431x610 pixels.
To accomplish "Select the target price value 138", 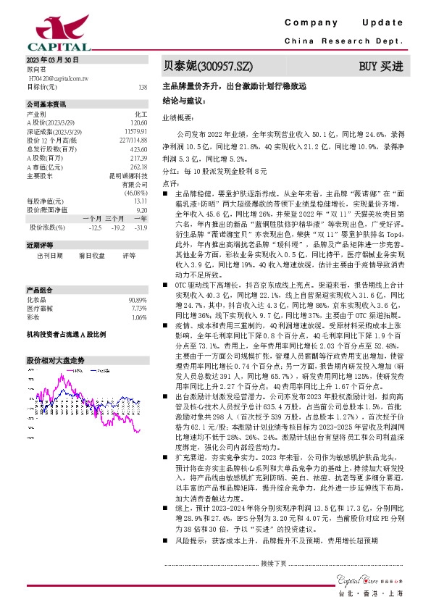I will click(x=143, y=86).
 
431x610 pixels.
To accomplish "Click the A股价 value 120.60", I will click(x=139, y=122).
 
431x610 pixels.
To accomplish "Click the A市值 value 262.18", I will click(x=139, y=166).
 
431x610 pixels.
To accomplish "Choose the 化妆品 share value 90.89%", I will click(x=138, y=299).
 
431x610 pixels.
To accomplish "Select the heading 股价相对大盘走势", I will click(x=56, y=360).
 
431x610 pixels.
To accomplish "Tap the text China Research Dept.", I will click(x=353, y=42).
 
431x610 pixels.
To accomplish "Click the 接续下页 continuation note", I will click(x=274, y=562).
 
